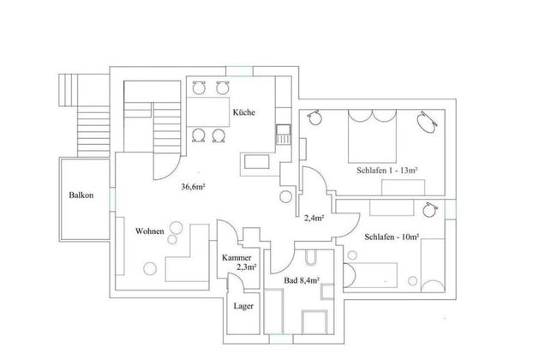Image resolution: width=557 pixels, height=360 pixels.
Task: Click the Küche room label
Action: (243, 112)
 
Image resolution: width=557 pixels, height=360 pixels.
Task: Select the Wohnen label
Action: (149, 231)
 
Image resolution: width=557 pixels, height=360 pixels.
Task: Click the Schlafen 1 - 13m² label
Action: (386, 171)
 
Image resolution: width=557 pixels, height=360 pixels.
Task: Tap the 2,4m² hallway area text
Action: (314, 218)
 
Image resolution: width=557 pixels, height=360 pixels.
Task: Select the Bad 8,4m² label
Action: (302, 279)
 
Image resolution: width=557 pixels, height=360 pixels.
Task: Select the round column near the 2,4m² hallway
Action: (284, 196)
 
